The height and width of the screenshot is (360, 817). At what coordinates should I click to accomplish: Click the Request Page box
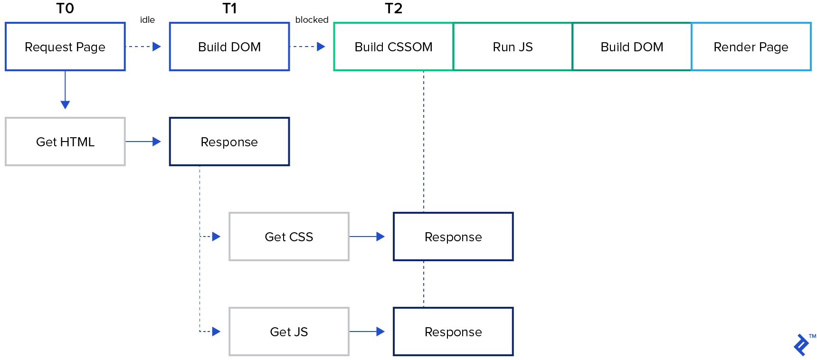point(65,47)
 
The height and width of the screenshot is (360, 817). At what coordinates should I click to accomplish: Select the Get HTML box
point(65,142)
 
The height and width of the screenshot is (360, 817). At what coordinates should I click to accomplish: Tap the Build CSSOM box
point(393,47)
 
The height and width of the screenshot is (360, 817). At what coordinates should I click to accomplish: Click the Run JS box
point(513,47)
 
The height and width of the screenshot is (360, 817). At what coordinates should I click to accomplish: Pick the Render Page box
point(750,47)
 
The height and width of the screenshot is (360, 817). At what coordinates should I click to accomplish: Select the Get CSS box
point(289,237)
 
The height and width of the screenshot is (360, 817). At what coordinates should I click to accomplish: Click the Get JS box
point(289,332)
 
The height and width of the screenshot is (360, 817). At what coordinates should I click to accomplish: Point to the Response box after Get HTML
point(229,142)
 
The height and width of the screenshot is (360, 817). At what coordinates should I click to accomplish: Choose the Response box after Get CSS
point(453,237)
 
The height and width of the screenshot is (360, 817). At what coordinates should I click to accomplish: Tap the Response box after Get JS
point(453,332)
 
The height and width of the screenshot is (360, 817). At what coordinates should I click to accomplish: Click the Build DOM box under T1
point(229,47)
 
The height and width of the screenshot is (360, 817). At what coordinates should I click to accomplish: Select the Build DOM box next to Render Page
point(632,47)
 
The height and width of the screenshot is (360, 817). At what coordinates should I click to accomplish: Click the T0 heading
point(65,9)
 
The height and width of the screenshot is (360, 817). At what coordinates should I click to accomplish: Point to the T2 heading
point(393,9)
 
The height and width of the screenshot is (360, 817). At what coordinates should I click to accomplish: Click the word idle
point(147,20)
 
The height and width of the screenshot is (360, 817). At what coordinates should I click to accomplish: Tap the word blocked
point(312,20)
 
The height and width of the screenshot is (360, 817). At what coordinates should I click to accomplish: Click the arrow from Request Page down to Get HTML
point(65,90)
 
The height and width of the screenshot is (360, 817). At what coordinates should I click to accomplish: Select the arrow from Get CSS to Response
point(367,237)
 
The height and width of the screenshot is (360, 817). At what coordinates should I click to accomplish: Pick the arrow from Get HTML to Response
point(143,142)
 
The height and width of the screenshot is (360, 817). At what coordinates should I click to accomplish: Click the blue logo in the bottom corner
point(802,344)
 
